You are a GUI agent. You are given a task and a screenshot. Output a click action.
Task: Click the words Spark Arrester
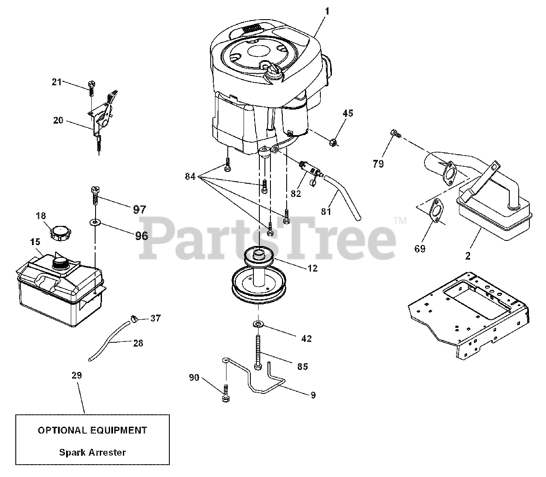pos(92,452)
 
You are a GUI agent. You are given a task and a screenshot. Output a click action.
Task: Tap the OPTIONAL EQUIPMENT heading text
pos(92,430)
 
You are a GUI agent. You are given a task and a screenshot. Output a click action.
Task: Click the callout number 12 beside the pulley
pos(312,269)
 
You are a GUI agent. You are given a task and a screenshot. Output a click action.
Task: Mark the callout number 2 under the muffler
pos(468,256)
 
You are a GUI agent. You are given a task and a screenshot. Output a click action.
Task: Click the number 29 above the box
pos(77,376)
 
